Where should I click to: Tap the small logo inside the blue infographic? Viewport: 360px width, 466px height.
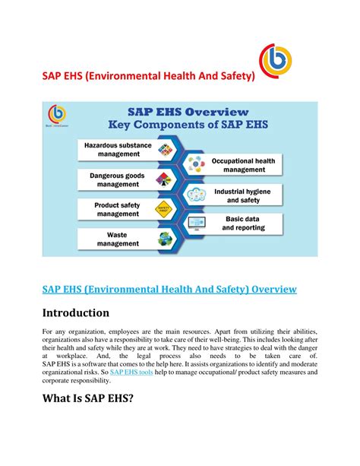coord(56,115)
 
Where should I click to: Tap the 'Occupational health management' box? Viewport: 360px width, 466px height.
coord(243,165)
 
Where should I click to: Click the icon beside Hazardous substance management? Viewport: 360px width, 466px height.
coord(165,149)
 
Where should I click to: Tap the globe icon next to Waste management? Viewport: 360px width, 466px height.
coord(165,239)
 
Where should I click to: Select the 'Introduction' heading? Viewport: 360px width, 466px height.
coord(77,312)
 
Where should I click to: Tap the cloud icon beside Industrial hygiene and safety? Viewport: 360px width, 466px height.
coord(196,194)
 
